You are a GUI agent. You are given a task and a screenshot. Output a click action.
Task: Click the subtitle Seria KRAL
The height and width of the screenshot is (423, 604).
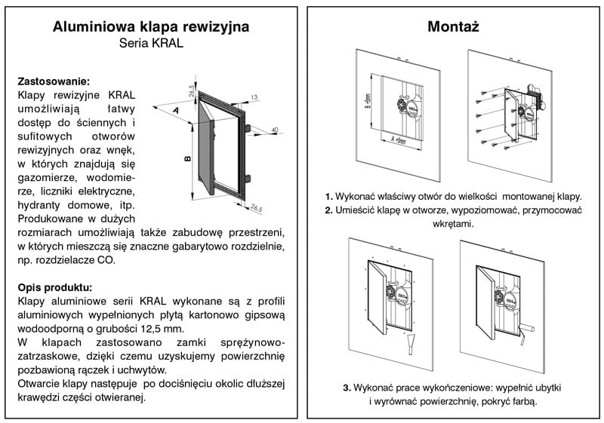[x=151, y=44]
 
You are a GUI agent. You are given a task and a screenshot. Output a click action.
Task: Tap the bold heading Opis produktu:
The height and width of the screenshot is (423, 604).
[x=54, y=287]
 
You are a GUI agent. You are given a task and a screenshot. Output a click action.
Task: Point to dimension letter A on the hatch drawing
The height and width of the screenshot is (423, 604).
[x=175, y=110]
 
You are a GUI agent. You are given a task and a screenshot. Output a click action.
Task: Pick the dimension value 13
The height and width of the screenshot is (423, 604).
[x=254, y=97]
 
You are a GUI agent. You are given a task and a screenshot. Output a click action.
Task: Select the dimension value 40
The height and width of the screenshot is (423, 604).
[x=273, y=130]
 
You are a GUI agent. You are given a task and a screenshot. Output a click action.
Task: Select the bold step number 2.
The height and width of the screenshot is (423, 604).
[x=328, y=210]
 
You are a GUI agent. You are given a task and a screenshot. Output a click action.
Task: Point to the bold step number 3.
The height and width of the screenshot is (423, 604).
[x=347, y=388]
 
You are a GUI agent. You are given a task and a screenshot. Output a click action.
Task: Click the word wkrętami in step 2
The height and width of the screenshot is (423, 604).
[x=454, y=224]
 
